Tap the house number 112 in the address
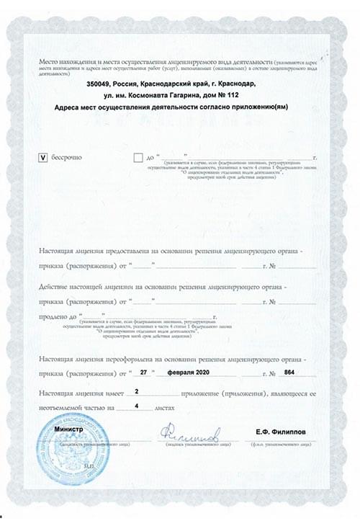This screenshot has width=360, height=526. [x=251, y=95]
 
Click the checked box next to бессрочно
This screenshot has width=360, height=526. [x=42, y=156]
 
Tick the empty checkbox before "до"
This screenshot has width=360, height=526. [x=138, y=156]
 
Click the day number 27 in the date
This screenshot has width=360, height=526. [x=142, y=373]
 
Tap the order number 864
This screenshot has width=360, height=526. [x=289, y=373]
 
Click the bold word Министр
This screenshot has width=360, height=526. [x=69, y=429]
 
